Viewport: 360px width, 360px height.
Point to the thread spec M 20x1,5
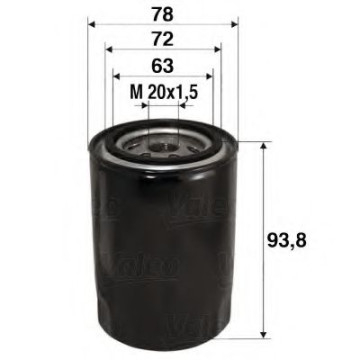165,92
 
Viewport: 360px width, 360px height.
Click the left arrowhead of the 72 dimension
106,49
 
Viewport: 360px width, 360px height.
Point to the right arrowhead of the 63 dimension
212,77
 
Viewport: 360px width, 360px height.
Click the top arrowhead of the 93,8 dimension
263,146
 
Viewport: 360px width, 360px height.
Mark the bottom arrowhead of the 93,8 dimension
263,333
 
